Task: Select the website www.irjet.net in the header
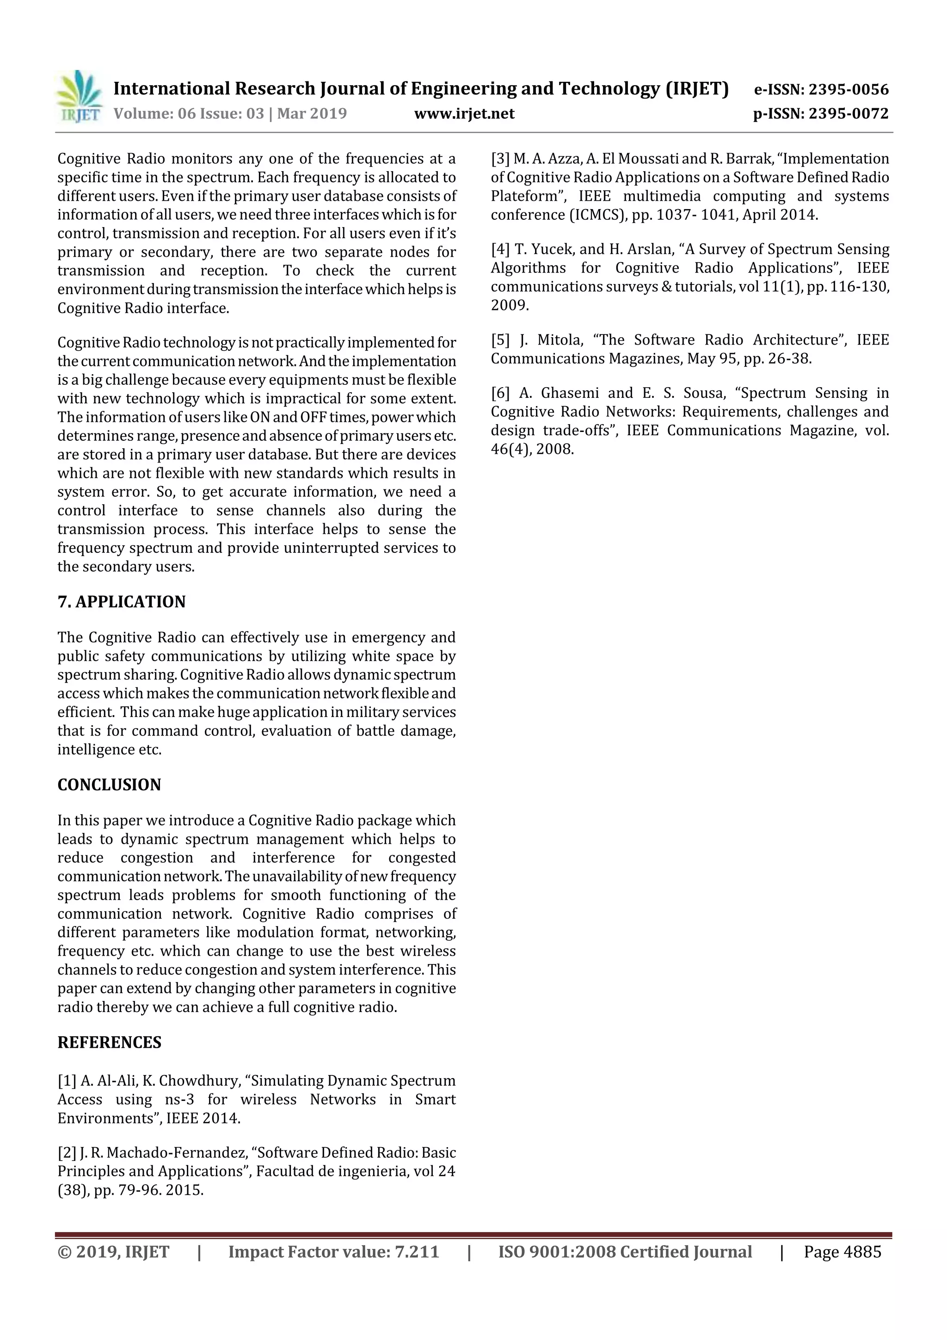(464, 113)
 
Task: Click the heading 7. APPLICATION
(121, 602)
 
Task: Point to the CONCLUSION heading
(109, 784)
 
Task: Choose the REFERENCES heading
(109, 1043)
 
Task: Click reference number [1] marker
(67, 1081)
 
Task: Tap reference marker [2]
(67, 1153)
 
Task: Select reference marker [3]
(501, 159)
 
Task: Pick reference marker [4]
(501, 249)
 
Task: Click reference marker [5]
(501, 340)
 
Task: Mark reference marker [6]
(501, 393)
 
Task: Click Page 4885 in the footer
(842, 1252)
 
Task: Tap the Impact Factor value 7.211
(417, 1252)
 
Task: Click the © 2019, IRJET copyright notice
(113, 1252)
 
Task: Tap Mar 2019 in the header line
(312, 113)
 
